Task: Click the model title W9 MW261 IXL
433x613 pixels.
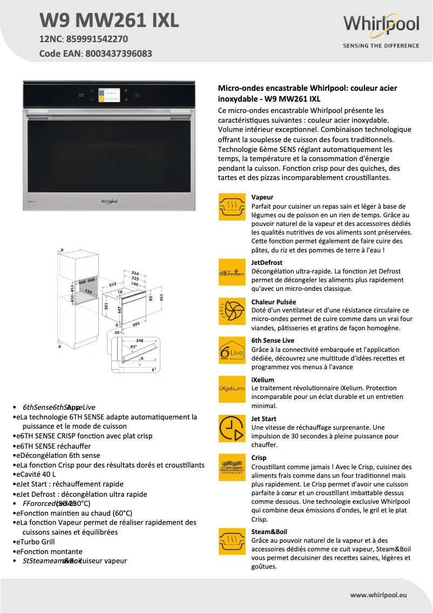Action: (109, 20)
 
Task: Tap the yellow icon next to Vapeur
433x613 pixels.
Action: (232, 206)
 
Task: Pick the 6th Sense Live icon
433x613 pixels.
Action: (232, 350)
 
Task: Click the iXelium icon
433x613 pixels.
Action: (232, 389)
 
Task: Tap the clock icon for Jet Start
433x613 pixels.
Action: (232, 428)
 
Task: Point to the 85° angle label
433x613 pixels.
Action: (133, 347)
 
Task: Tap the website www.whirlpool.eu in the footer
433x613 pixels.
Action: (378, 595)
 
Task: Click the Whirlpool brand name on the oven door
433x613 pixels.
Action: (109, 201)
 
